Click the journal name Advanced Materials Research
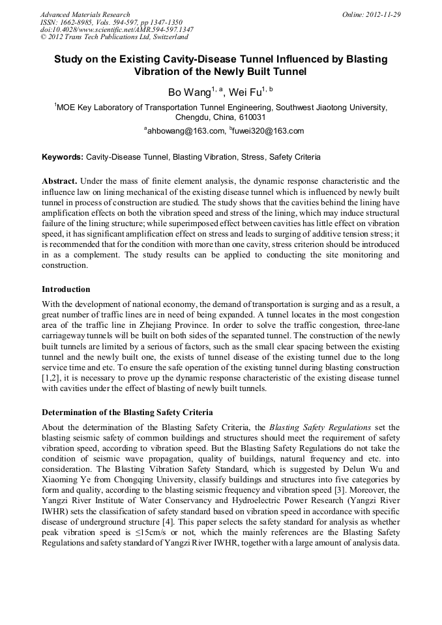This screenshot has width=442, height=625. point(85,14)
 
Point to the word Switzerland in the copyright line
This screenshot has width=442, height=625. point(162,37)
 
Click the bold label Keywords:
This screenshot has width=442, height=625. point(63,158)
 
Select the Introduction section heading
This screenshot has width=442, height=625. point(66,289)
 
